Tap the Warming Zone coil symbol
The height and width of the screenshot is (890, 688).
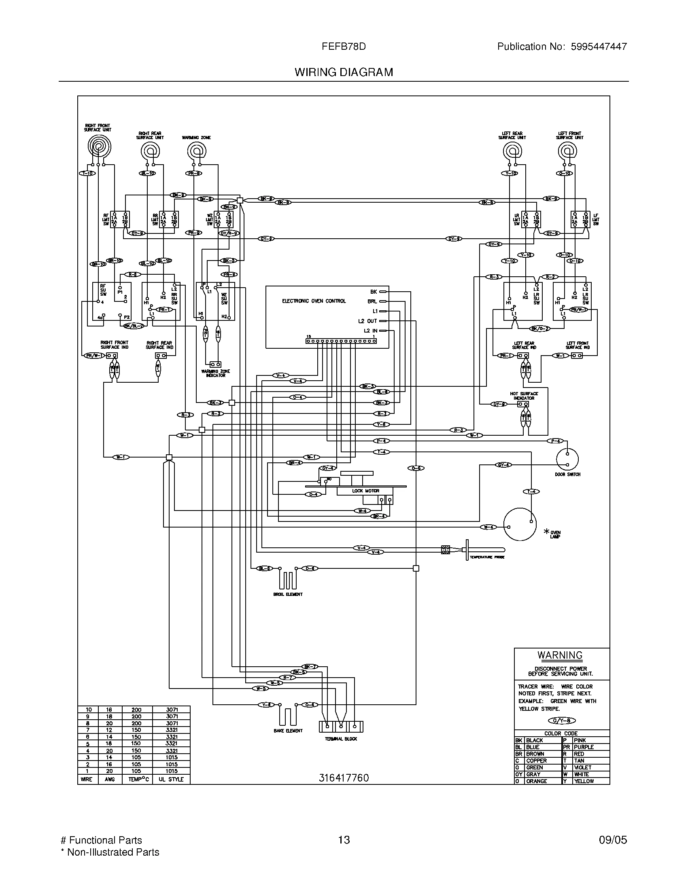[x=196, y=152]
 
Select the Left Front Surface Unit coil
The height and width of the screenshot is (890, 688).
[x=567, y=152]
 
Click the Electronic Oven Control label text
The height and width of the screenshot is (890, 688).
[x=314, y=301]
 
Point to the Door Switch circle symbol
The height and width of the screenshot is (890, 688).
[x=567, y=459]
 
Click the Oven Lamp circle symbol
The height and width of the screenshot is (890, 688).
[x=519, y=524]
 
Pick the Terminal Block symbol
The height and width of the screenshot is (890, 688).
[x=341, y=727]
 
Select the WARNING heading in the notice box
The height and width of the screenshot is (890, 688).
[x=560, y=655]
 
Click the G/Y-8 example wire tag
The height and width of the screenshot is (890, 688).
[x=561, y=721]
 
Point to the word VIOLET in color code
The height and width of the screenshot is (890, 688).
[x=582, y=768]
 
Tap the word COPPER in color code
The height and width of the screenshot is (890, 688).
[x=536, y=761]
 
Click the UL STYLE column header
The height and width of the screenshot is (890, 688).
[x=171, y=779]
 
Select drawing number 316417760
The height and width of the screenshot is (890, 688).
[x=343, y=778]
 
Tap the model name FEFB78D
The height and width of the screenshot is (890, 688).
[x=343, y=47]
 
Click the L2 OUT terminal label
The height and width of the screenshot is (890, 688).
[x=367, y=321]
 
